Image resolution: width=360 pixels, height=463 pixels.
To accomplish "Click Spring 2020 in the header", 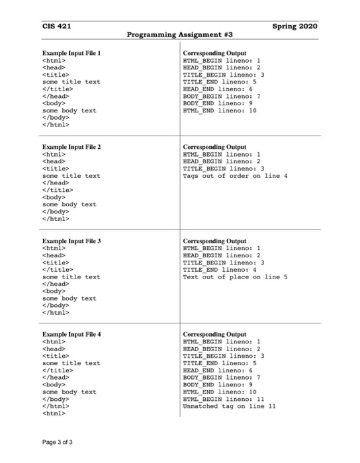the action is (x=295, y=26).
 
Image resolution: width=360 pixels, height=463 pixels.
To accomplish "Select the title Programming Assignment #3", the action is (x=179, y=35).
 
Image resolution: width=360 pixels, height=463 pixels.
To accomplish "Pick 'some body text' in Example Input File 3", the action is (x=69, y=298).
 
